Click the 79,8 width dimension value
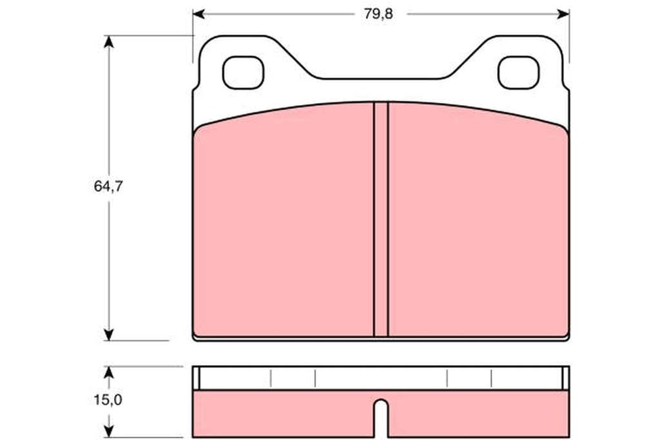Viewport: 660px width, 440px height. (x=378, y=14)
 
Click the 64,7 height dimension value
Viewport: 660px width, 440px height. (x=108, y=186)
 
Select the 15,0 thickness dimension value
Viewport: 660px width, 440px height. (x=108, y=399)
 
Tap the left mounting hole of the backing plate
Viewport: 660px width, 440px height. (x=243, y=72)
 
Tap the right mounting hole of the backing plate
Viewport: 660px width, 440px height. (x=518, y=72)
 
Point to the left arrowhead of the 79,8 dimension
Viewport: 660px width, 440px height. (x=199, y=14)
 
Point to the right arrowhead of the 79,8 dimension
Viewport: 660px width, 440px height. (x=563, y=14)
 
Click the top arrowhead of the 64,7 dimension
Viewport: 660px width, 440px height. (x=109, y=42)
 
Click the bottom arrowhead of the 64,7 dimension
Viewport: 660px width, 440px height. (x=109, y=334)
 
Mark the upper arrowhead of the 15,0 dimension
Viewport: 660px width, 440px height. (x=109, y=372)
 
